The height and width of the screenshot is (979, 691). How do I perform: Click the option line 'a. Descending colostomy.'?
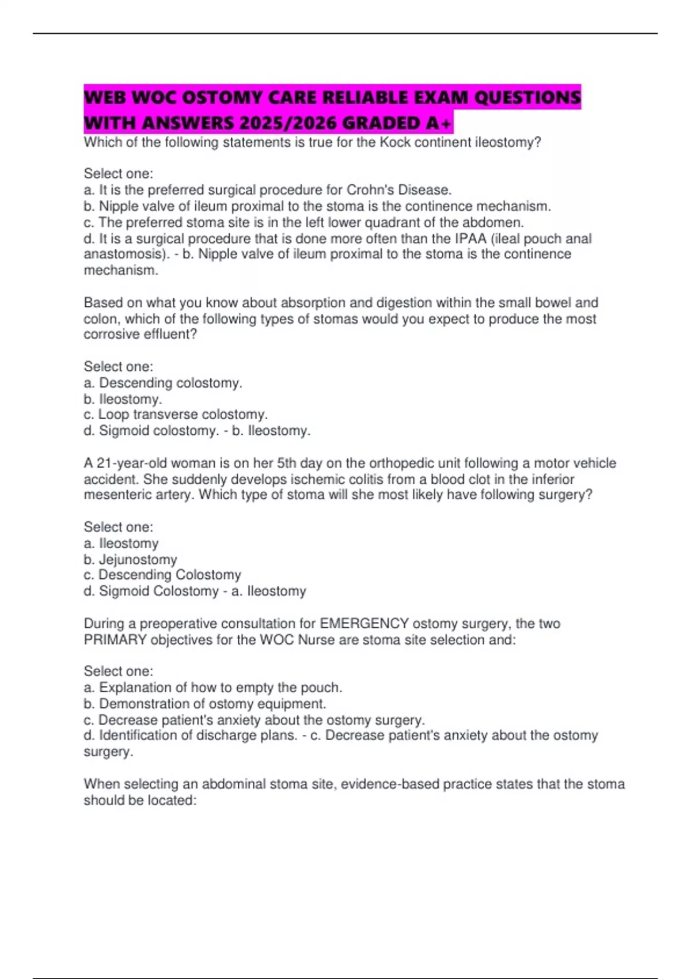click(x=163, y=383)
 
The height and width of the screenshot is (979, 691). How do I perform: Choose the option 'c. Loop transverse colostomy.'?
click(x=176, y=415)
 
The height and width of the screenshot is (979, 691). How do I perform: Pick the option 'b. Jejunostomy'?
click(x=130, y=559)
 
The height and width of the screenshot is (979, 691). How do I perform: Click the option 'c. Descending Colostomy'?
click(x=162, y=575)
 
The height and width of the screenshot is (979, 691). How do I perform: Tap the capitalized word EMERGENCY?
click(x=364, y=624)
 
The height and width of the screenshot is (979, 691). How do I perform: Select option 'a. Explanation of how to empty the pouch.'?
click(x=213, y=688)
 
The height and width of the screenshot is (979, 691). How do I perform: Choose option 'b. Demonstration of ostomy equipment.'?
click(x=205, y=704)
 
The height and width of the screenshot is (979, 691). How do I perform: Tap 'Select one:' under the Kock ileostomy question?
click(x=119, y=173)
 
